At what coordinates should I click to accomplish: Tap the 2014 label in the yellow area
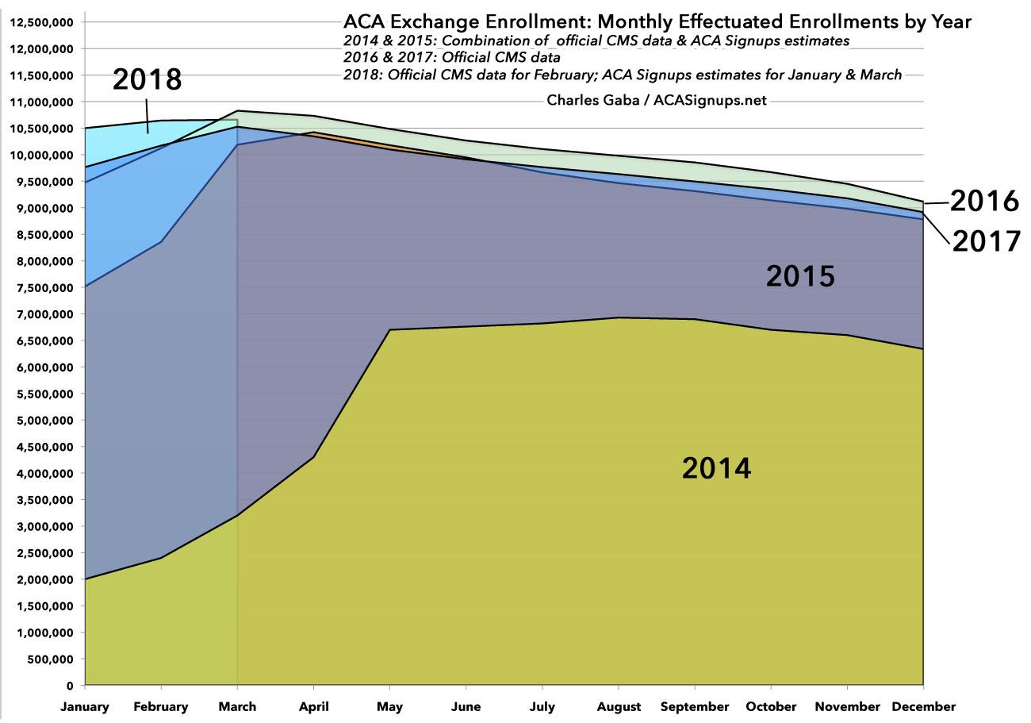pyautogui.click(x=716, y=467)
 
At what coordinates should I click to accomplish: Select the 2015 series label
pyautogui.click(x=800, y=276)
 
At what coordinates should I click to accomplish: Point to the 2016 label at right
pyautogui.click(x=983, y=202)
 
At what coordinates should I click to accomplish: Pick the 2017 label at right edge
pyautogui.click(x=986, y=240)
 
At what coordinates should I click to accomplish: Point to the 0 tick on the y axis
pyautogui.click(x=70, y=686)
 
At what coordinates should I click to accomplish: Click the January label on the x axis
pyautogui.click(x=85, y=706)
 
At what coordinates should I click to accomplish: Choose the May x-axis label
pyautogui.click(x=389, y=706)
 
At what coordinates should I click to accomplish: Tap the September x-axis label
pyautogui.click(x=695, y=706)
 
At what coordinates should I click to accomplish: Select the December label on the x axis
pyautogui.click(x=922, y=706)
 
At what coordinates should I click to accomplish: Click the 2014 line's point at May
pyautogui.click(x=389, y=330)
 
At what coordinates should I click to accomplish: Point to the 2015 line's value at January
pyautogui.click(x=85, y=286)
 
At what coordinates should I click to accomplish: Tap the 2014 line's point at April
pyautogui.click(x=313, y=457)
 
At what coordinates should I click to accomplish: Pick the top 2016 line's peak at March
pyautogui.click(x=237, y=111)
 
